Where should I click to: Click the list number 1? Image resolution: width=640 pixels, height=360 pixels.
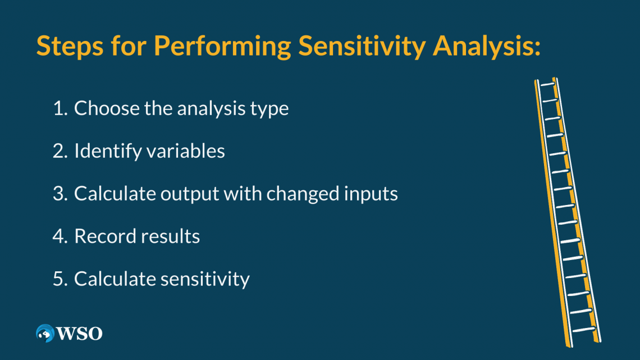[60, 108]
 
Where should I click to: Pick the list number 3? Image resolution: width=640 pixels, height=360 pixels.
[60, 194]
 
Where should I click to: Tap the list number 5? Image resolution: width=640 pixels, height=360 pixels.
[60, 279]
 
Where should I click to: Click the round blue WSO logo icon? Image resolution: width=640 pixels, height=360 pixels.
[44, 333]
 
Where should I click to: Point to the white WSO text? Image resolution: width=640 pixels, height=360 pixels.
[79, 334]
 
